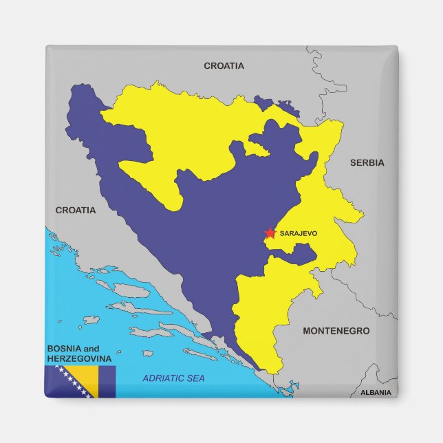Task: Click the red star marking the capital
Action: click(269, 233)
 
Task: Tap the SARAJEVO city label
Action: click(299, 234)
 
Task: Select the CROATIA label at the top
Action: click(224, 66)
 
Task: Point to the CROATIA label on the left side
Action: click(76, 210)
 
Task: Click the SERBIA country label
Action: click(367, 163)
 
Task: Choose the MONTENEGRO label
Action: click(336, 331)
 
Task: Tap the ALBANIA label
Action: click(376, 393)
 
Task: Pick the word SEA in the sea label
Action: click(195, 378)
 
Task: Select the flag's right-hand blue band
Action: click(107, 382)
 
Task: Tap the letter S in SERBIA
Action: click(353, 163)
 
